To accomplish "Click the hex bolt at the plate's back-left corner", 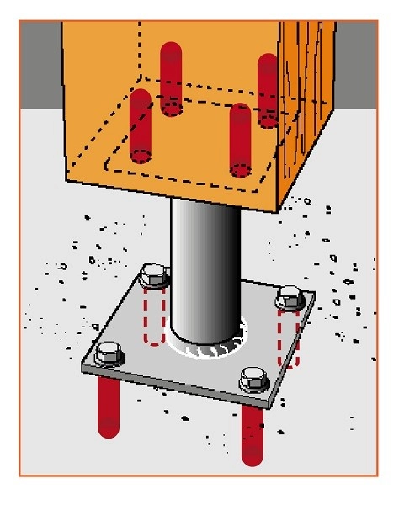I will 155,275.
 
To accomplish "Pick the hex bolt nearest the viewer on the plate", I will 252,378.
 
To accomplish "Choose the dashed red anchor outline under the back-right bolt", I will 290,337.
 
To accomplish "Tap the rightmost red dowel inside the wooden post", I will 268,88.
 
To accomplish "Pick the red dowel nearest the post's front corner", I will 241,139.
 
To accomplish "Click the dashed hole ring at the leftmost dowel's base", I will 140,157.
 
